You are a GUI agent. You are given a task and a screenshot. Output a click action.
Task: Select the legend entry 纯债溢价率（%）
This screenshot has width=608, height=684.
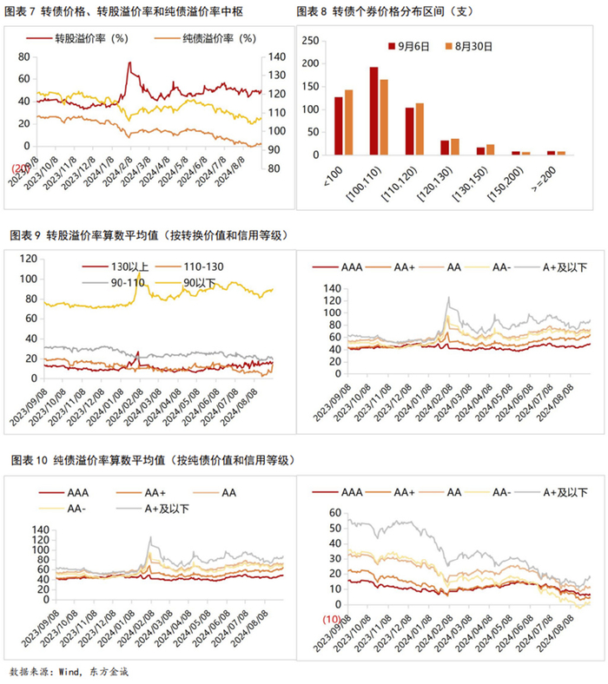[x=208, y=39]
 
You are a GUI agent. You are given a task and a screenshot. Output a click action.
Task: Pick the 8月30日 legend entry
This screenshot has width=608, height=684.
[x=472, y=46]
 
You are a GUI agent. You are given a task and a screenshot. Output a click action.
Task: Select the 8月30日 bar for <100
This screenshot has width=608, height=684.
[x=349, y=122]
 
